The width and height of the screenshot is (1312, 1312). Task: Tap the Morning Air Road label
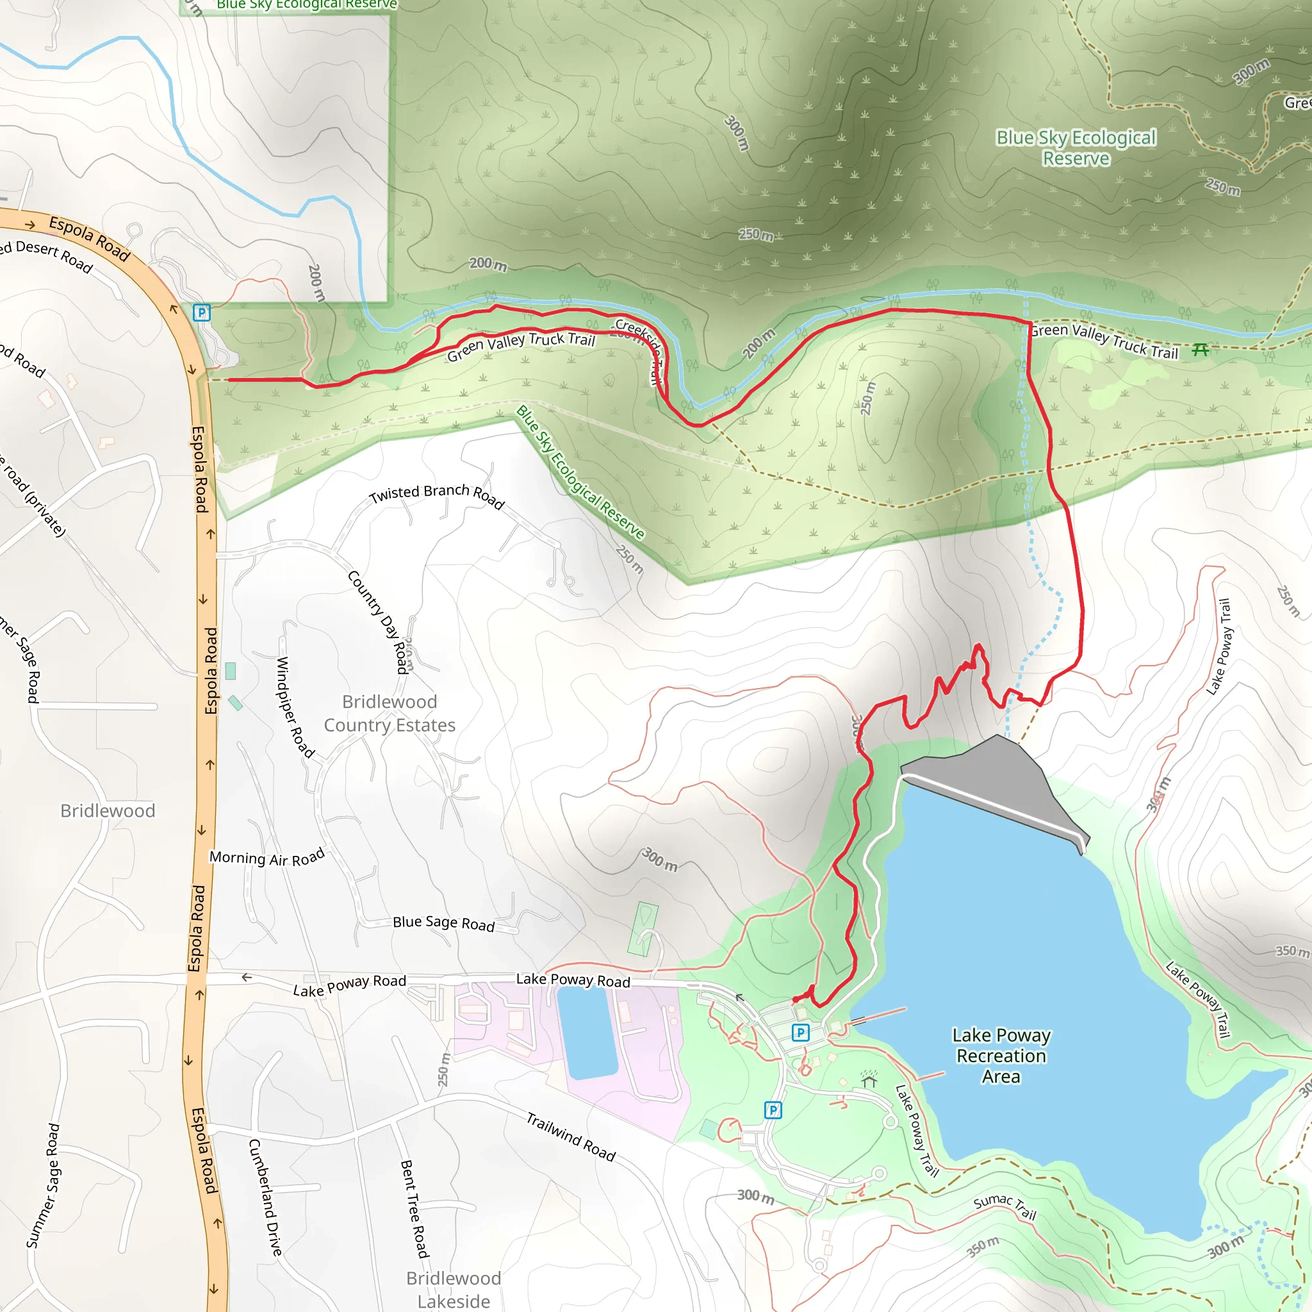267,858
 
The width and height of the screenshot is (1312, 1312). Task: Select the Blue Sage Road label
443,923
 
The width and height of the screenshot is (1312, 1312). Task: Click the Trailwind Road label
570,1138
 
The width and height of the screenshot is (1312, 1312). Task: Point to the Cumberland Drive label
265,1197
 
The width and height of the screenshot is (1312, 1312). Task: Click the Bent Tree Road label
414,1209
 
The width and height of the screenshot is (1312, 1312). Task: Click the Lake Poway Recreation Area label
1001,1056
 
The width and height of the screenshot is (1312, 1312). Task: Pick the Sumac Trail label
1004,1206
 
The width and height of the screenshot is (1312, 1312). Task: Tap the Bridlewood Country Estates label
389,713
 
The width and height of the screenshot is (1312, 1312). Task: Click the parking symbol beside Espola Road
202,313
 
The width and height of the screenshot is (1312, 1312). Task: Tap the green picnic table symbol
1200,350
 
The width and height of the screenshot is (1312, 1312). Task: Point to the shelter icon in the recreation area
869,1079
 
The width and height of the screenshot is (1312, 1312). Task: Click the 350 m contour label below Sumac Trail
983,1247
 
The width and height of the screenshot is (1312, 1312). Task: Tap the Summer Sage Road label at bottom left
44,1185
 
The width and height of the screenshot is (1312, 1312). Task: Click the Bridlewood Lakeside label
454,1290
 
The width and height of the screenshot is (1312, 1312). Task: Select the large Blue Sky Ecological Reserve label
1076,147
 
